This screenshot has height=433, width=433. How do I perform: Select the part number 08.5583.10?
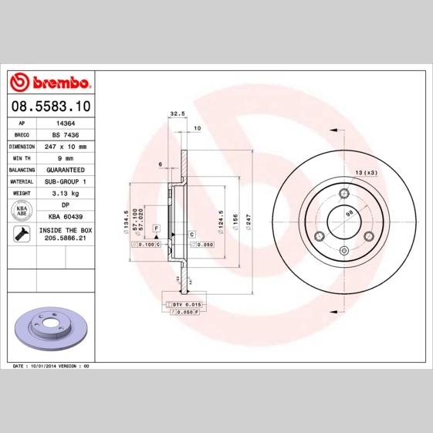point(50,106)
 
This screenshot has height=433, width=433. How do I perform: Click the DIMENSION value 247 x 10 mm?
point(65,146)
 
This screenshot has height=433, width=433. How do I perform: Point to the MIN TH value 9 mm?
point(65,157)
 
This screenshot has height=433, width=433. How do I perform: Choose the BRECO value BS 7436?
point(65,134)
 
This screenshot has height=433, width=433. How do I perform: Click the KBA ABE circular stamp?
point(22,211)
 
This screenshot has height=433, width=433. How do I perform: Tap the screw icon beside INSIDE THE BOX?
point(22,235)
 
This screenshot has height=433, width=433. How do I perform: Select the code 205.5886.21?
point(65,239)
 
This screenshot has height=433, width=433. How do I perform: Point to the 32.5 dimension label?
point(177,113)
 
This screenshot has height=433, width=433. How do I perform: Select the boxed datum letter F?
point(156,229)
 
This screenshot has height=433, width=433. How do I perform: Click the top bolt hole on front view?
point(342,191)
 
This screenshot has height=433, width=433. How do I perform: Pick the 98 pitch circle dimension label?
point(350,213)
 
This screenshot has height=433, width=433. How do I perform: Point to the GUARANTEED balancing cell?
point(65,169)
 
